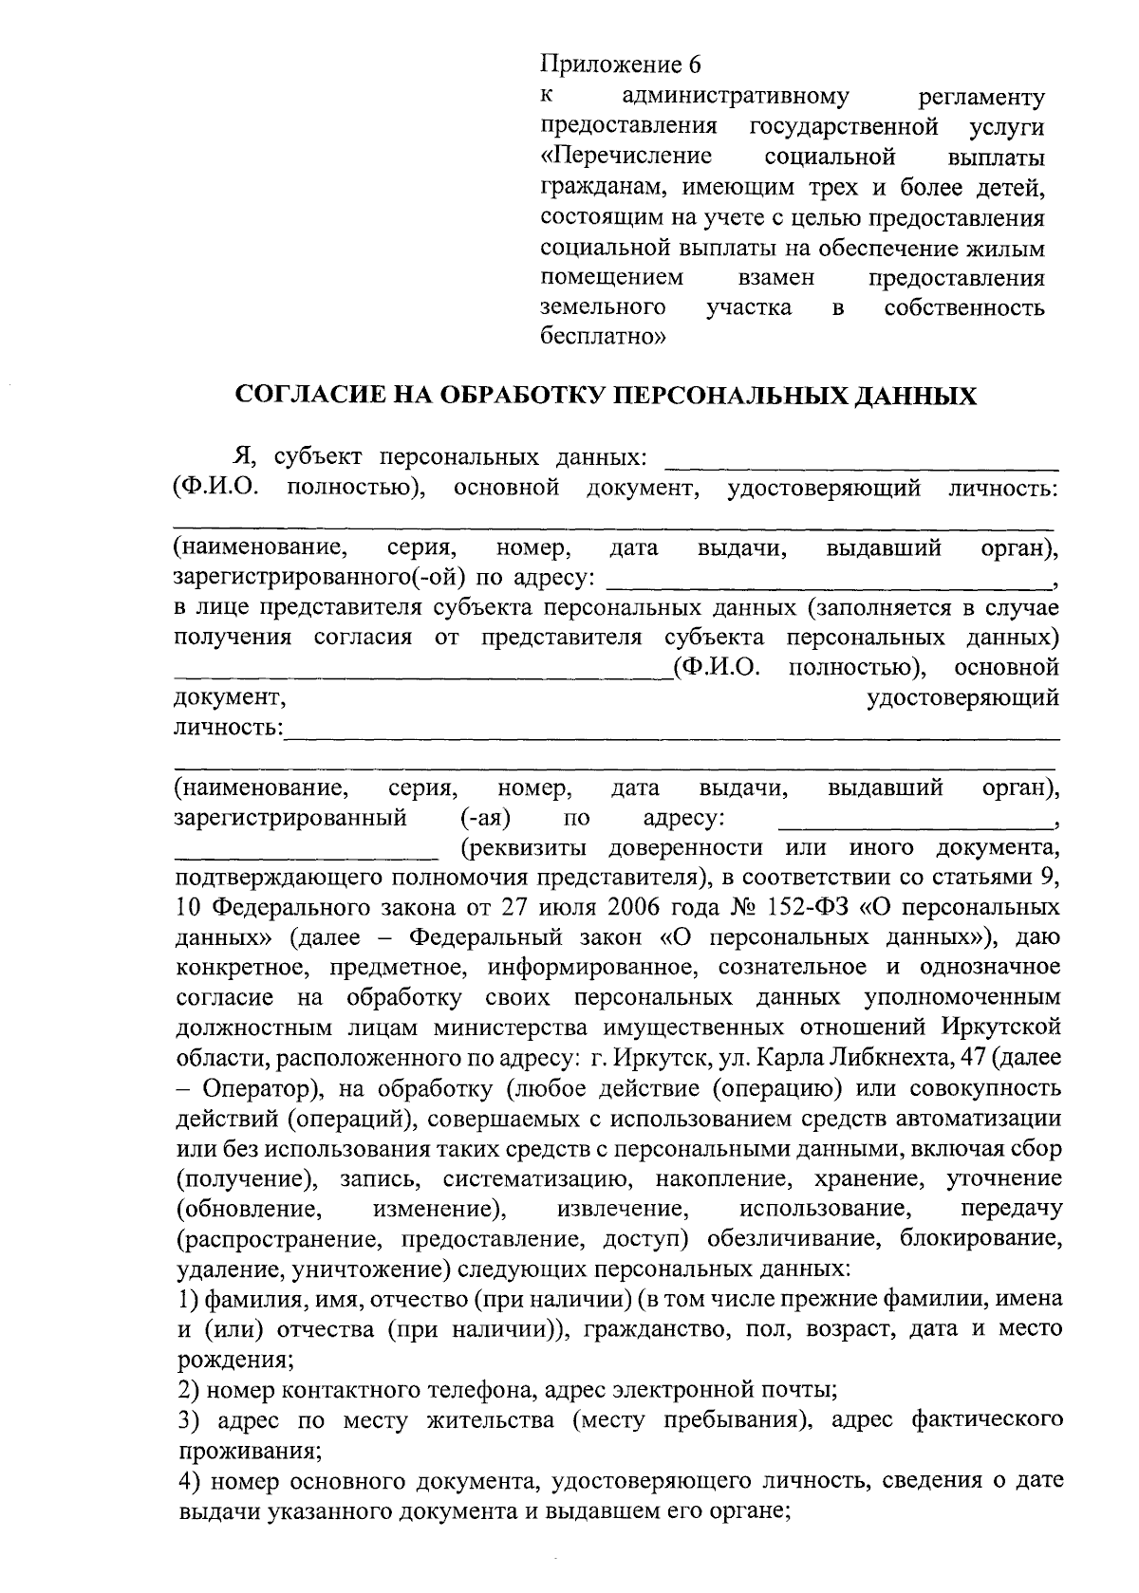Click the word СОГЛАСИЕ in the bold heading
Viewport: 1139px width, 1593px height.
pyautogui.click(x=307, y=397)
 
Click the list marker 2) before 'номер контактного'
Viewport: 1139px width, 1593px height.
pyautogui.click(x=188, y=1391)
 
